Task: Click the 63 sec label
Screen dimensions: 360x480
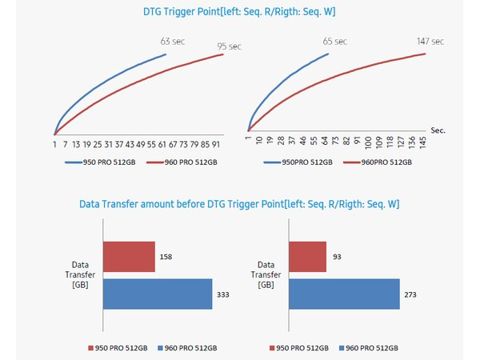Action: (x=173, y=40)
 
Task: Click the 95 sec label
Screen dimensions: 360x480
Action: (x=230, y=47)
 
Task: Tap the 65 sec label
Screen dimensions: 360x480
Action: (x=334, y=40)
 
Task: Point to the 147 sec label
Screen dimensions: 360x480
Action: (x=430, y=40)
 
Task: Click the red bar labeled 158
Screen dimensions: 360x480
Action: (x=129, y=257)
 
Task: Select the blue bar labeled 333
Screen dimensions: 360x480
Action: (x=158, y=294)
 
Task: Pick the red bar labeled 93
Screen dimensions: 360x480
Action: (x=308, y=257)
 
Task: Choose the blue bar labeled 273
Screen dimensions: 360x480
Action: (x=344, y=294)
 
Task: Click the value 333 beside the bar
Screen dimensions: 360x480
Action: (x=224, y=294)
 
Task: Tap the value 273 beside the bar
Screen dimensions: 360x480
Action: (x=411, y=294)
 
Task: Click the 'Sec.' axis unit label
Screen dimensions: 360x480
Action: (x=438, y=129)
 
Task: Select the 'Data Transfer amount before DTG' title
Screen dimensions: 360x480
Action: (x=239, y=205)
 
